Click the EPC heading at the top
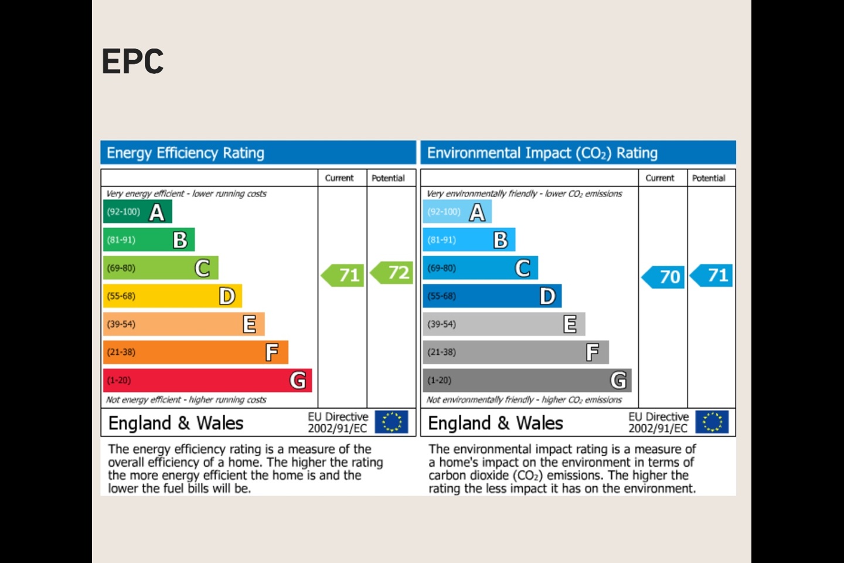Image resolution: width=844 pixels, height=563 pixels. point(132,62)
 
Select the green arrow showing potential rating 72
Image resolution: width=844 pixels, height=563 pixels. point(393,273)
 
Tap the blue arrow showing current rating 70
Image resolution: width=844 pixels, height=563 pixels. point(664,277)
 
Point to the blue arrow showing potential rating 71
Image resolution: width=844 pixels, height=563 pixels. point(712,275)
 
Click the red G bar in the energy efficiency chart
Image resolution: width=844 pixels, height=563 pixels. point(207,380)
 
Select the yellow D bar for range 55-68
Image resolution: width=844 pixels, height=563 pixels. point(172,296)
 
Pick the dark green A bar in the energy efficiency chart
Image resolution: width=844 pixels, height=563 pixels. point(137,212)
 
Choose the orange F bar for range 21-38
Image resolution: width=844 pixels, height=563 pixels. point(195,352)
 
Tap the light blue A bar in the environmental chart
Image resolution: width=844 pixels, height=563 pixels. point(457,212)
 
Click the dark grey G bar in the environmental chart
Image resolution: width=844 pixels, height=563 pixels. point(527,380)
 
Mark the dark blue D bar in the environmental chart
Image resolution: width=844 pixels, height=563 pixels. point(492,296)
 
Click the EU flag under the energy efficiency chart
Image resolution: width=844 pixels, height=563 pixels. point(391,422)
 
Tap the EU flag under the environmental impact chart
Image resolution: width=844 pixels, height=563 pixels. point(712,422)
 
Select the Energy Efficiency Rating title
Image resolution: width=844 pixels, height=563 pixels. point(185,153)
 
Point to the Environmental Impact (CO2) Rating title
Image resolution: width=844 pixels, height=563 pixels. point(542,153)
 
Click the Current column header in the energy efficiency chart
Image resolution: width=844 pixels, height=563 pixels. point(339,178)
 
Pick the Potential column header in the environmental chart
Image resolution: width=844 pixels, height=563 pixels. point(709,178)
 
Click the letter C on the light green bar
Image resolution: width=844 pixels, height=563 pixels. point(202,268)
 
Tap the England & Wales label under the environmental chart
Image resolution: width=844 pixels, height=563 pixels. point(495,423)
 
